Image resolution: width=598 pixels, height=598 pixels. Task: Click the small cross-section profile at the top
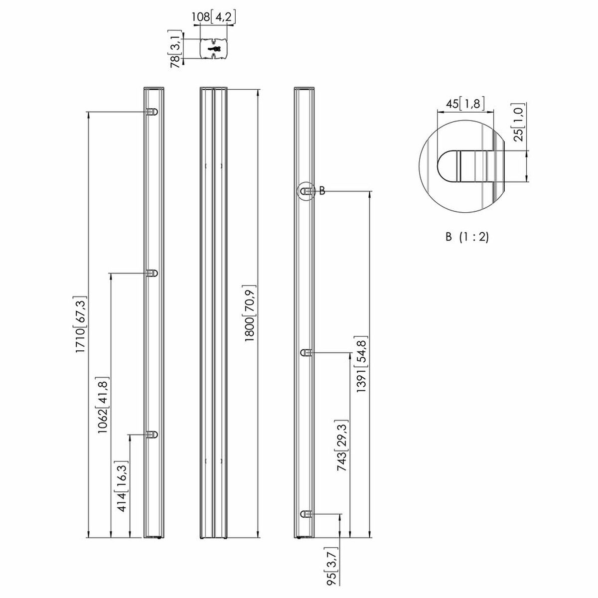point(214,49)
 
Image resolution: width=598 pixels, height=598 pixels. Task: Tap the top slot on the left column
point(152,112)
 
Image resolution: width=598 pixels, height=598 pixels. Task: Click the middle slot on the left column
point(152,273)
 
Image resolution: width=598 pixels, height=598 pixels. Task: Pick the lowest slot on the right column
point(306,514)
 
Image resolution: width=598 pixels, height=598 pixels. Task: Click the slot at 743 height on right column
point(306,353)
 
